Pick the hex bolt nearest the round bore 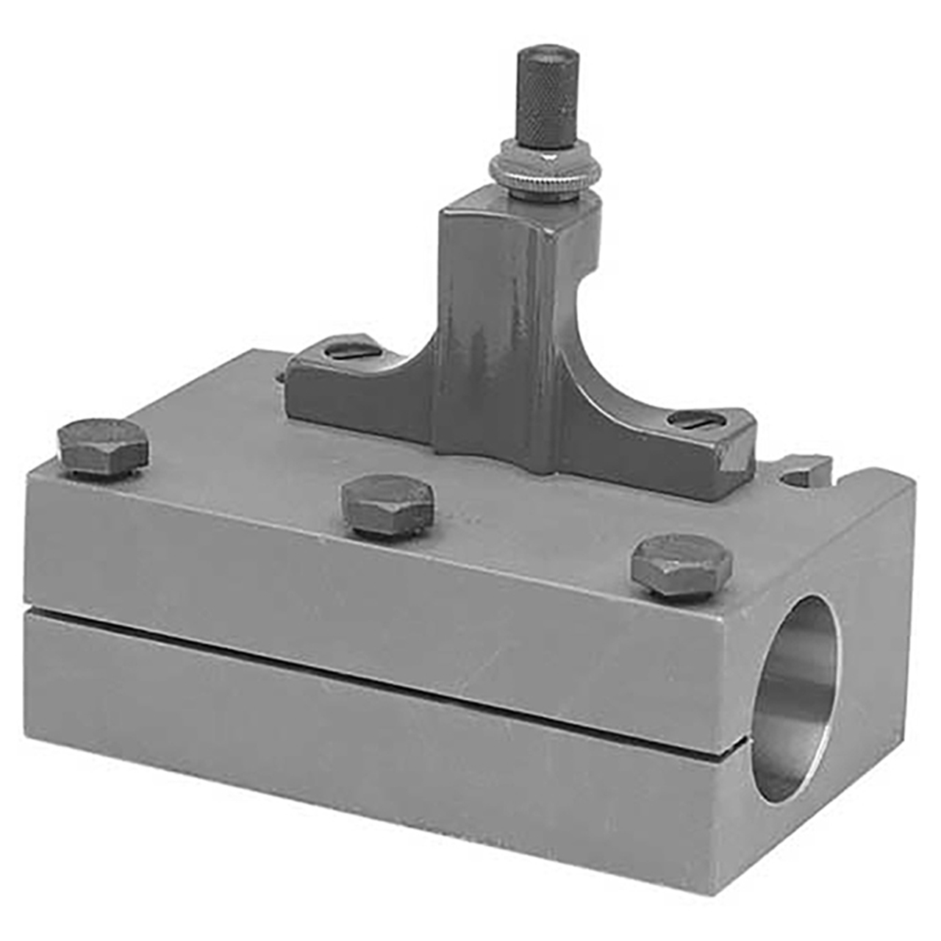682,564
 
